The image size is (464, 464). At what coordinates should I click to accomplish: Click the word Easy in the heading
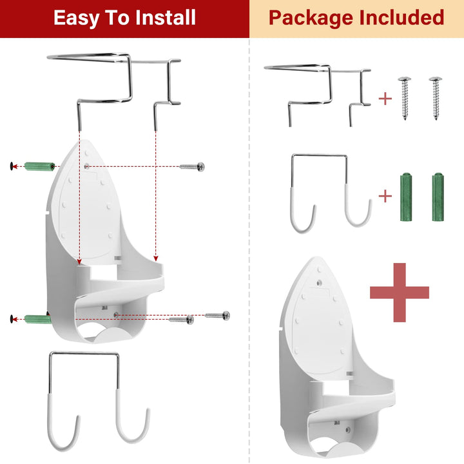pyautogui.click(x=77, y=17)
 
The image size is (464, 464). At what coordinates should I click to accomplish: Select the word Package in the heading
pyautogui.click(x=307, y=17)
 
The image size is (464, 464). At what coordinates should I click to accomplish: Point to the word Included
pyautogui.click(x=403, y=17)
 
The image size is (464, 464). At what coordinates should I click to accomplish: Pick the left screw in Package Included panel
pyautogui.click(x=406, y=97)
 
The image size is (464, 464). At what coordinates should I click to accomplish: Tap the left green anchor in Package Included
pyautogui.click(x=405, y=197)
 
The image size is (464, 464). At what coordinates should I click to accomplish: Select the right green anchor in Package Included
pyautogui.click(x=438, y=197)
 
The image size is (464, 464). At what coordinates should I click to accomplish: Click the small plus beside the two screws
pyautogui.click(x=385, y=99)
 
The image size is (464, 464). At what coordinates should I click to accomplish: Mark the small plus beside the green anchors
pyautogui.click(x=385, y=196)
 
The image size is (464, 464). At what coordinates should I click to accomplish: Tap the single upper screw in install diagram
pyautogui.click(x=191, y=166)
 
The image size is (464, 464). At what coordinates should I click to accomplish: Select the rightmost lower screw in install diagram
pyautogui.click(x=217, y=315)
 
